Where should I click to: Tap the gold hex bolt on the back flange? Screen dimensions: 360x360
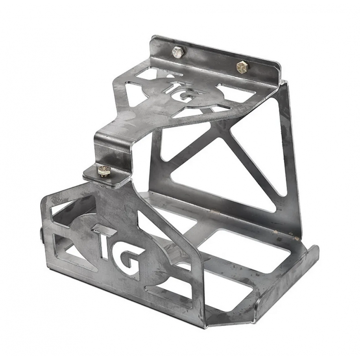coord(241,66)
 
